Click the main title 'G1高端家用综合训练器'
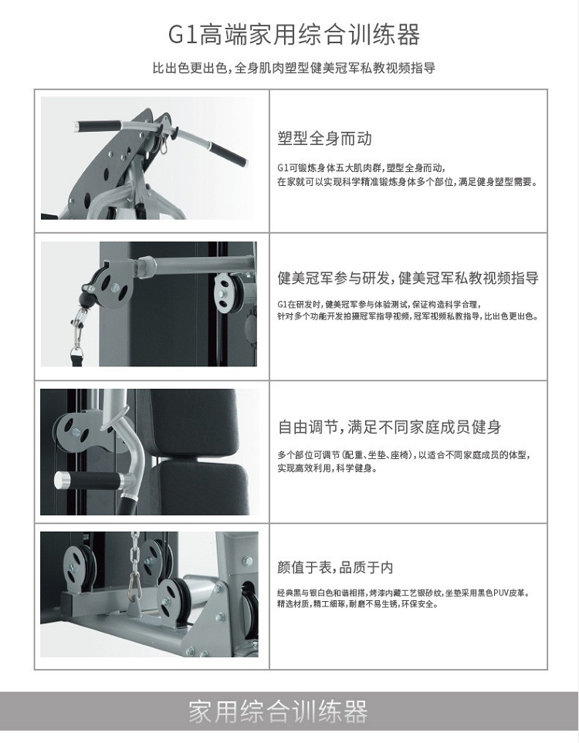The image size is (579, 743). pyautogui.click(x=294, y=35)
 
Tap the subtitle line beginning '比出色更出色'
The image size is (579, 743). pyautogui.click(x=294, y=68)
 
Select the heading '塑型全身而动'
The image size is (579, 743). pyautogui.click(x=325, y=138)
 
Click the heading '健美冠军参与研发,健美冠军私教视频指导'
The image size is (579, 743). pyautogui.click(x=408, y=278)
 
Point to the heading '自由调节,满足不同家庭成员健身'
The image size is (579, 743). pyautogui.click(x=389, y=427)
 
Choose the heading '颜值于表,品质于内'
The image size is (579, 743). pyautogui.click(x=335, y=567)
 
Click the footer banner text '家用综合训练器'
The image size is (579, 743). pyautogui.click(x=279, y=711)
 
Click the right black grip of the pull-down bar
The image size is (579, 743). pyautogui.click(x=229, y=153)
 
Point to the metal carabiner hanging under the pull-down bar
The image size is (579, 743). pyautogui.click(x=163, y=144)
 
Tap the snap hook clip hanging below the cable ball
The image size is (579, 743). pyautogui.click(x=77, y=332)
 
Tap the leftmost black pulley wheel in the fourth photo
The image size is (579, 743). pyautogui.click(x=79, y=569)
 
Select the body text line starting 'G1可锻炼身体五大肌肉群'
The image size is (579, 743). pyautogui.click(x=361, y=167)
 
